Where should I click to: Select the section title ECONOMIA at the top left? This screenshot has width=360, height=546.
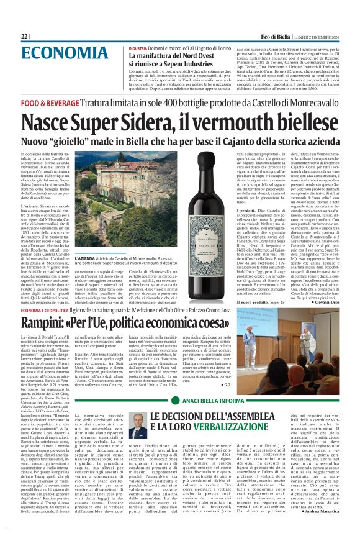pos(57,53)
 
